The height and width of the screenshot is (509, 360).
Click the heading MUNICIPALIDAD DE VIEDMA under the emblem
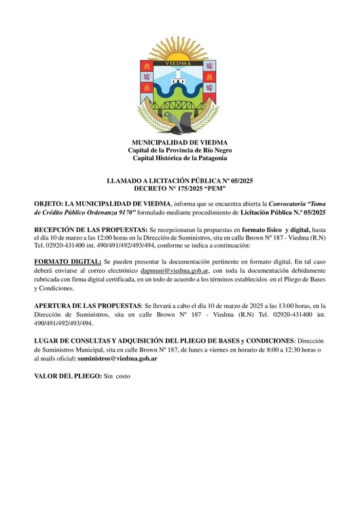coord(179,143)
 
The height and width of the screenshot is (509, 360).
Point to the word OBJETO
coord(48,204)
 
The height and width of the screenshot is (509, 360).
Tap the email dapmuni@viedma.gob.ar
coord(179,270)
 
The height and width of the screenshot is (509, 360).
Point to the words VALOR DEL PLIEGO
coord(67,375)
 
